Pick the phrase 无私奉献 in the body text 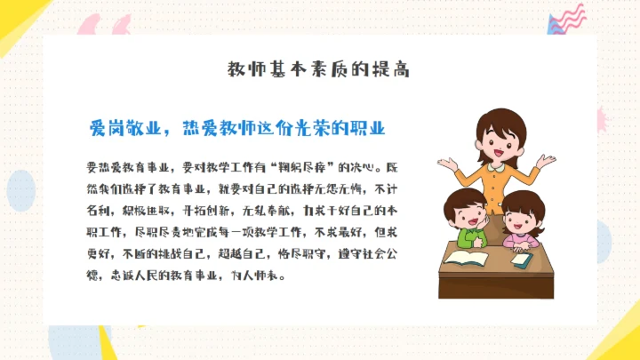pyautogui.click(x=266, y=211)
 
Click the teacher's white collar pyautogui.click(x=498, y=174)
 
